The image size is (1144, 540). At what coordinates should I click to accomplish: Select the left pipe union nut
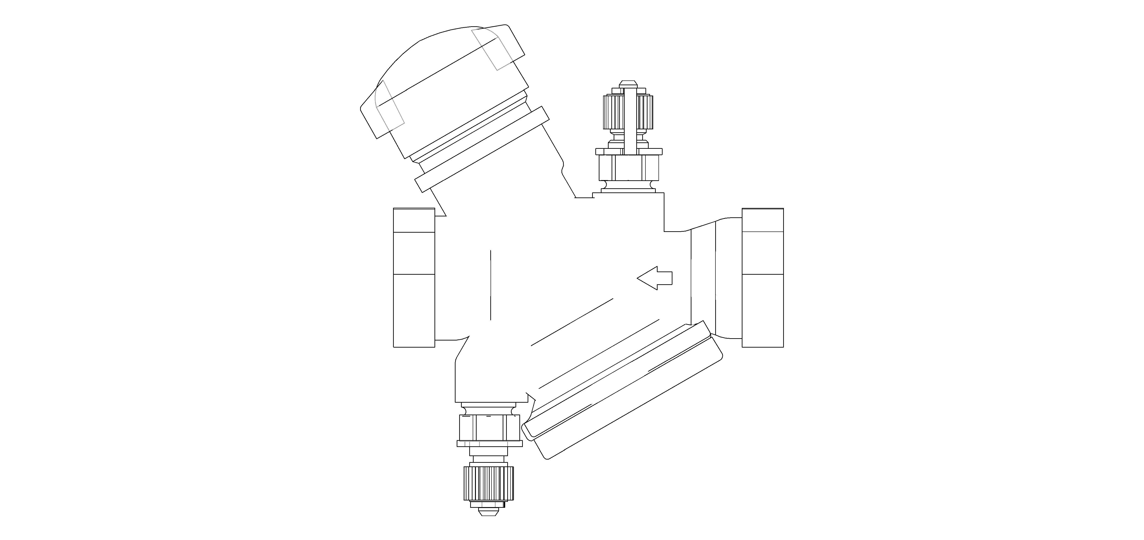click(x=414, y=277)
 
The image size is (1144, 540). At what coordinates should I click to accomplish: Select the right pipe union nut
click(x=763, y=277)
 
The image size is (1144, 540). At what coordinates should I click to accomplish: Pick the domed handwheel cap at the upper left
click(x=444, y=80)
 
